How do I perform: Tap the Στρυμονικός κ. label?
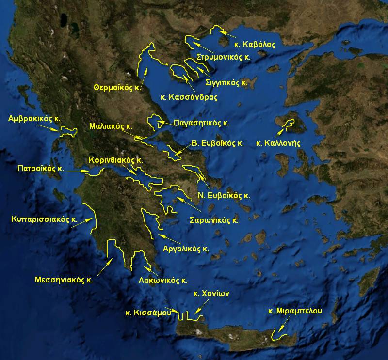[x=223, y=57]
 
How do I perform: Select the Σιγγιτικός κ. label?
[x=226, y=82]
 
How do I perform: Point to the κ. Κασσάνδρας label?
[x=189, y=97]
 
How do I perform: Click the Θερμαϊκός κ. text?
[x=118, y=88]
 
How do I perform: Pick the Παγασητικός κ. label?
[x=201, y=123]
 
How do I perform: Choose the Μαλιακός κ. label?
[x=111, y=126]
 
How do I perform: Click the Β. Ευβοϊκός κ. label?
[x=217, y=143]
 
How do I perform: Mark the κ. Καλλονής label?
[x=279, y=143]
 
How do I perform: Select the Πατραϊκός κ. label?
[x=41, y=170]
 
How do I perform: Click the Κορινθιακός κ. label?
[x=115, y=159]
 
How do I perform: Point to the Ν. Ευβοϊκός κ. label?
[x=224, y=196]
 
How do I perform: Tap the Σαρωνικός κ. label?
[x=214, y=219]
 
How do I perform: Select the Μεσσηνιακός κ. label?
[x=64, y=280]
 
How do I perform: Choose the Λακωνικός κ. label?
[x=163, y=280]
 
